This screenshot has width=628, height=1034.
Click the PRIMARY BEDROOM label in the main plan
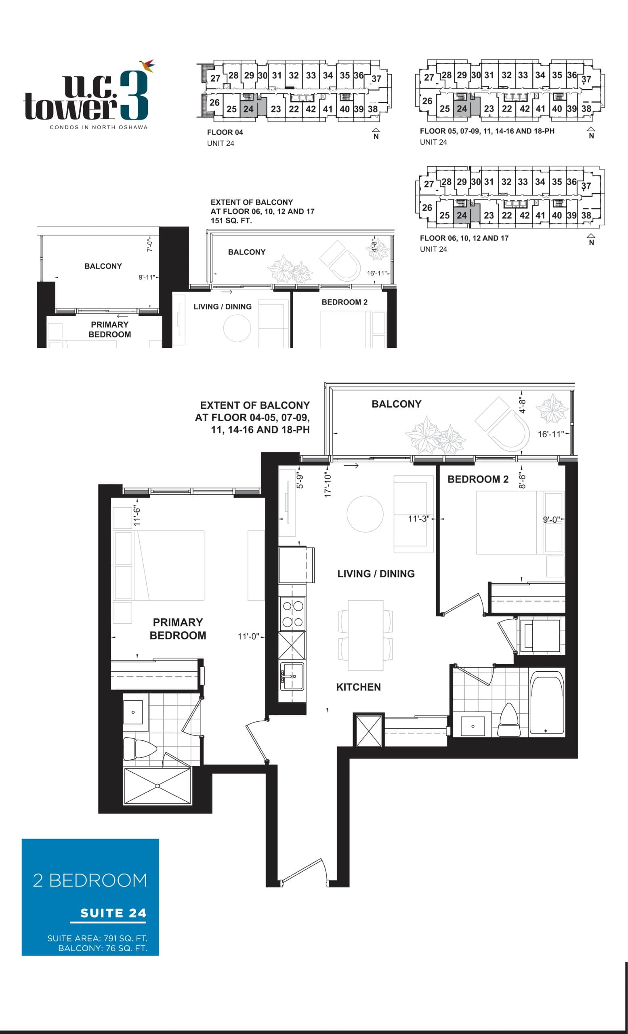coord(177,628)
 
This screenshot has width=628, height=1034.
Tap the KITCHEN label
coord(358,687)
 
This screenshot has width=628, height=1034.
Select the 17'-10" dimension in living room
coord(328,485)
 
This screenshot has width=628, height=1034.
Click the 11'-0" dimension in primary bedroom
coord(248,637)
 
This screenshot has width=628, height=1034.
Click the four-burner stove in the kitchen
coord(292,614)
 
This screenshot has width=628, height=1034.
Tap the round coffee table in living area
coord(365,514)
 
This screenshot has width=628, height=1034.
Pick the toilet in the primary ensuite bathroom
coord(139,748)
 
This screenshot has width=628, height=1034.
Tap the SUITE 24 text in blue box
coord(113,913)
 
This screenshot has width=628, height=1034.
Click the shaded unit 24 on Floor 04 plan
coord(248,109)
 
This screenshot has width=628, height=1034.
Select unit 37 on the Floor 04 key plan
coord(376,79)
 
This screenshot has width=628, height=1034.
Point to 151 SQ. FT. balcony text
coord(231,221)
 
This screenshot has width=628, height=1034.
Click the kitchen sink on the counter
coord(292,676)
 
